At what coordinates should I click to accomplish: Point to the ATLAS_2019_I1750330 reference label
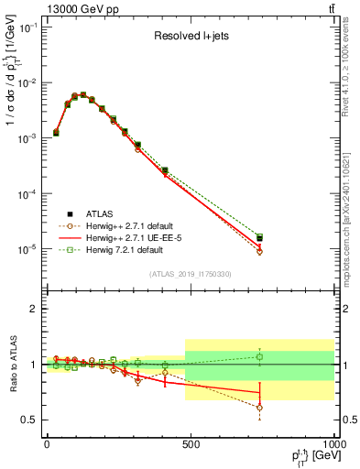190,274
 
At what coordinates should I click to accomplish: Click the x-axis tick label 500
191,444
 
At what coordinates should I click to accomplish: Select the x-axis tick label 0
47,444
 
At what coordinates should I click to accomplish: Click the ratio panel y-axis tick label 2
32,309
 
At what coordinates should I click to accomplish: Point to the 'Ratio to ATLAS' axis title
12,364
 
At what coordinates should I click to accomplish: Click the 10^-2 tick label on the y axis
26,83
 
